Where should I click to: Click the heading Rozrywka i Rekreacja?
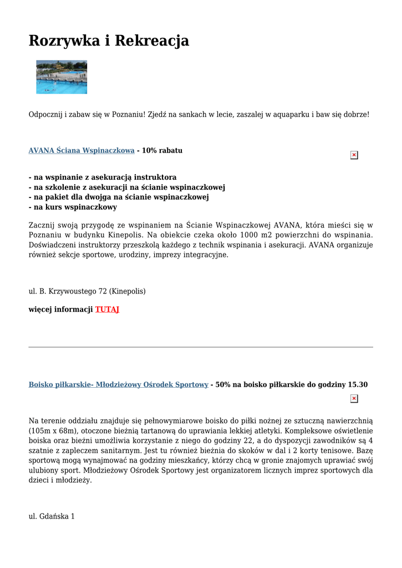click(109, 40)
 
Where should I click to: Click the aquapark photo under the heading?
click(62, 77)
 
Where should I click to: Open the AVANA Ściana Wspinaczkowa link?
click(82, 150)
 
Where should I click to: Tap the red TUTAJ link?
click(107, 310)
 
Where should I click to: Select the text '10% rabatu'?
click(162, 150)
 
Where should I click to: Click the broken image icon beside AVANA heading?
click(354, 155)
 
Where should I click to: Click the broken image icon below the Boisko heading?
click(354, 398)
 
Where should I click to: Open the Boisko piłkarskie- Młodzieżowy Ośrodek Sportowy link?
click(118, 384)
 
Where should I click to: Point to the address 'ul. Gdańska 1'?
click(52, 516)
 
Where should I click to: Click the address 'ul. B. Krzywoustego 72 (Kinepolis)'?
click(87, 291)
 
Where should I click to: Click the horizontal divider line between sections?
click(201, 347)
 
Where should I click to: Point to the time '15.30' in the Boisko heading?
click(357, 384)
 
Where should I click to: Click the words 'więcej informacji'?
click(60, 310)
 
